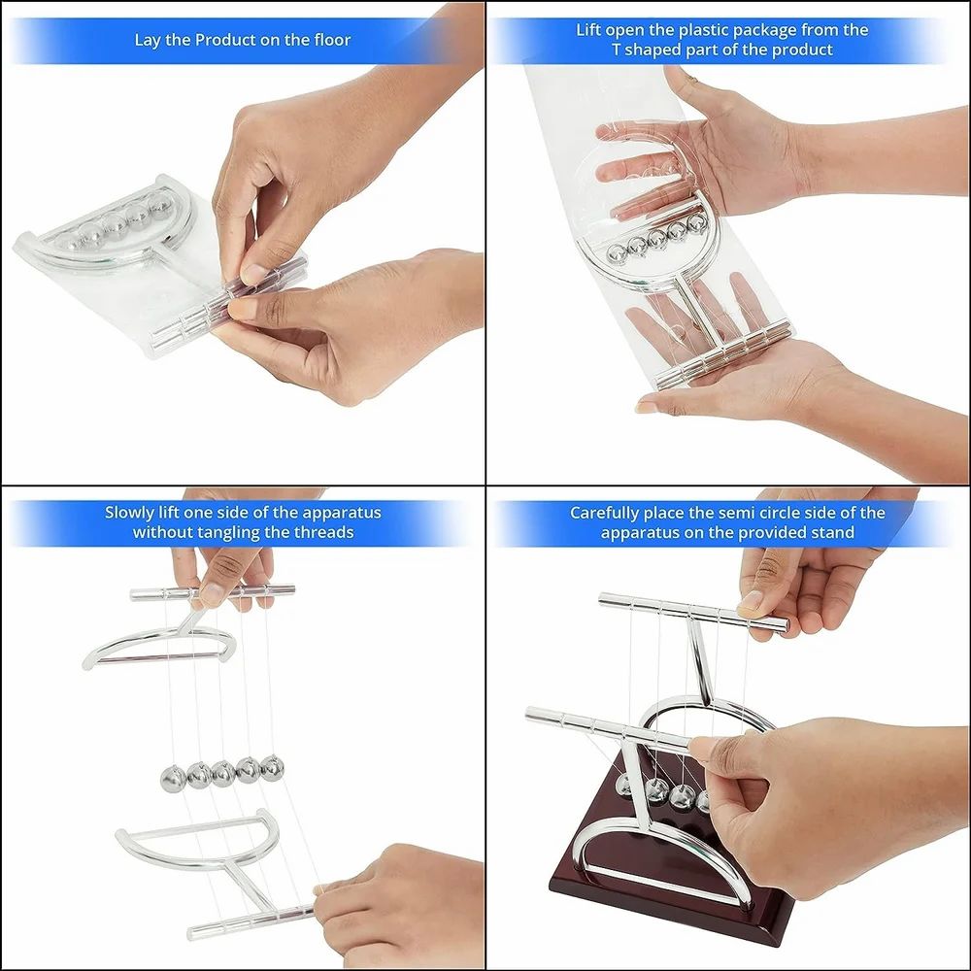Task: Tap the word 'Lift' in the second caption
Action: click(x=589, y=29)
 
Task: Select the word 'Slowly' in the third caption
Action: click(x=130, y=512)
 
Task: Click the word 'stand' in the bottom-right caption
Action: click(x=832, y=532)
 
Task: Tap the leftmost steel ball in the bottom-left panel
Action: click(x=173, y=778)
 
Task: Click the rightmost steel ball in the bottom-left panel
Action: click(x=273, y=768)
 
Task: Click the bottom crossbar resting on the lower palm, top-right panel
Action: click(x=723, y=357)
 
